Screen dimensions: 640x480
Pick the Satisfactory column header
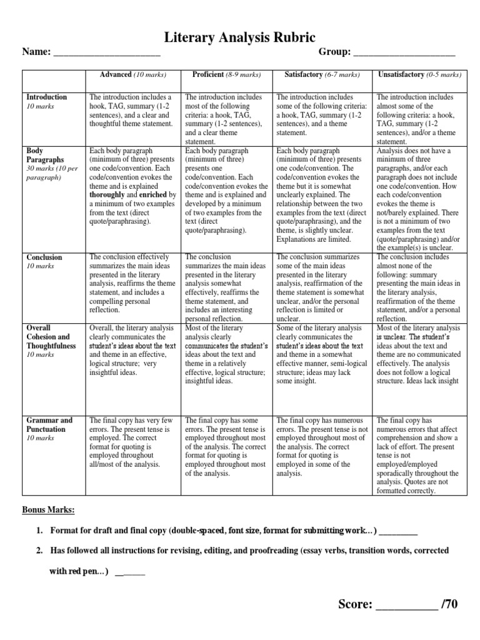[x=322, y=74]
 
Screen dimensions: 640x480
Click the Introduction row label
[x=46, y=97]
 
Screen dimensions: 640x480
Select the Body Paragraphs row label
[x=45, y=156]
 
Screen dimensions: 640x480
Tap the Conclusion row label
[x=44, y=257]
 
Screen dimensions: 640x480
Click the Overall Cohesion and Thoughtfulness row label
[x=51, y=337]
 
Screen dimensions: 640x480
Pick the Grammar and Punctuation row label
[x=49, y=424]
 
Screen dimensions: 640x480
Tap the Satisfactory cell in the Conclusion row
[x=322, y=287]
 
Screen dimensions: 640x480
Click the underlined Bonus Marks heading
[x=48, y=511]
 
